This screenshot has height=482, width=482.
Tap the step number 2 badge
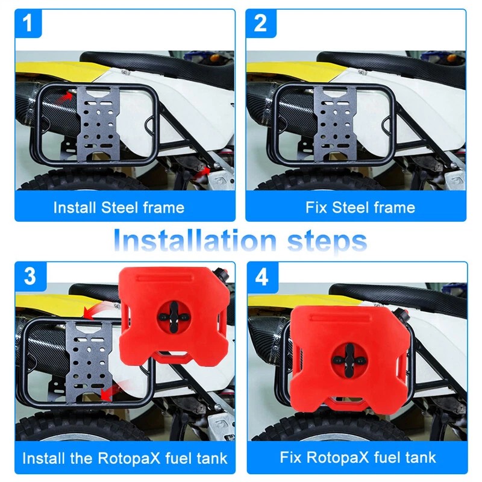[260, 25]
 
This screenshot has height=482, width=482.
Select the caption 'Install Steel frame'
[119, 208]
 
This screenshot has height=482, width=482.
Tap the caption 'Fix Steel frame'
[360, 208]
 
